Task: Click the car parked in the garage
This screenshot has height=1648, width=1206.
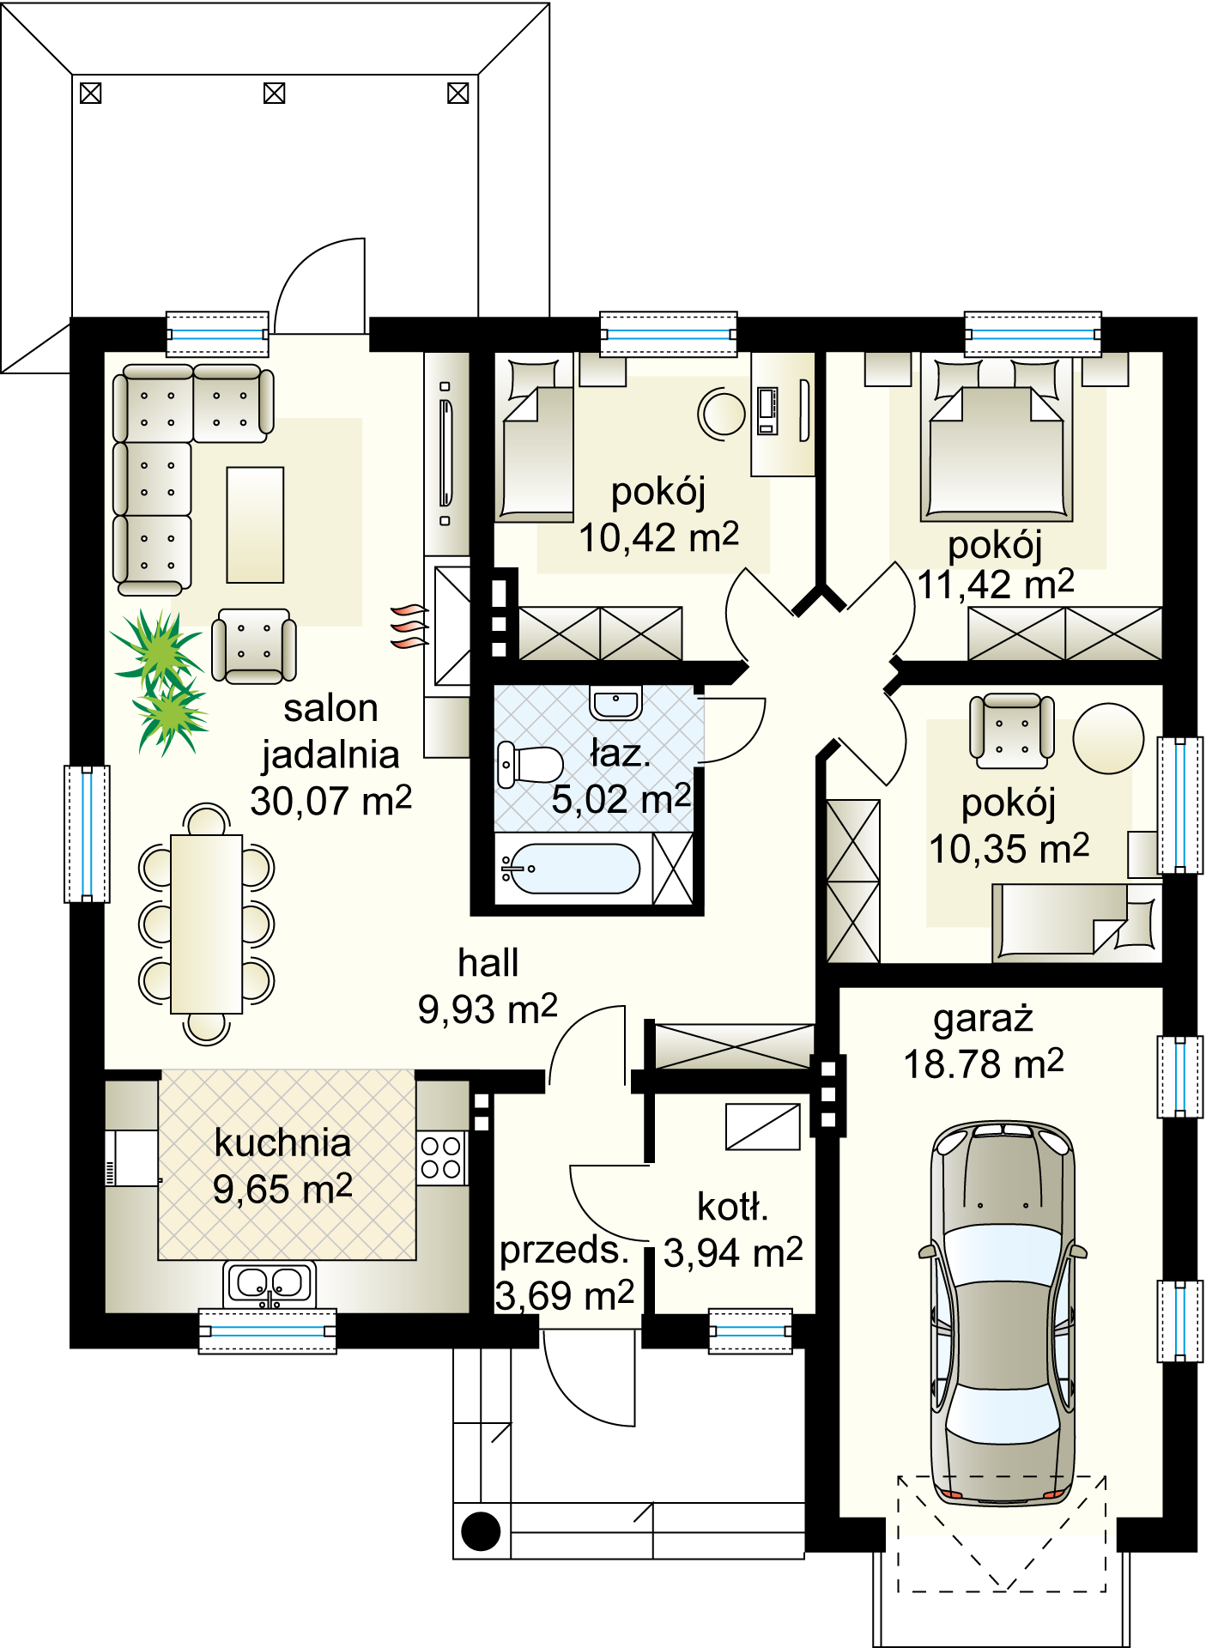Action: point(1003,1312)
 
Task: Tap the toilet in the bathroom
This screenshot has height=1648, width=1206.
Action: point(530,765)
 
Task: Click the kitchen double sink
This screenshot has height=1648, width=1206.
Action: point(270,1285)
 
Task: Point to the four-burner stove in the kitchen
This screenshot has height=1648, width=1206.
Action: point(441,1158)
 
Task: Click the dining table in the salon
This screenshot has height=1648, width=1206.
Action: point(206,924)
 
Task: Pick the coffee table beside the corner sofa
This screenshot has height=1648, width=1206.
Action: point(255,525)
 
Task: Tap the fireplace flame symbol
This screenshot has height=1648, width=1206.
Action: point(409,626)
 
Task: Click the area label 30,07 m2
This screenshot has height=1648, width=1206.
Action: point(331,802)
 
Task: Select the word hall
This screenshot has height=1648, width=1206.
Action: point(488,963)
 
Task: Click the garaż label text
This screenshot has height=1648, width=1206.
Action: point(983,1020)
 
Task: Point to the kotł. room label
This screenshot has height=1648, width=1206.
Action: point(732,1207)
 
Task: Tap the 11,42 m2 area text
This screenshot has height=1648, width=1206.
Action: point(996,585)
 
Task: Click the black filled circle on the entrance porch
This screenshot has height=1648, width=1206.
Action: point(481,1530)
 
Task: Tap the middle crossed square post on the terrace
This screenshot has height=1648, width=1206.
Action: point(274,93)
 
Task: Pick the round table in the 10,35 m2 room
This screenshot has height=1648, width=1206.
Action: point(1108,738)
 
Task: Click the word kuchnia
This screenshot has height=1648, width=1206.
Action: point(282,1143)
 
